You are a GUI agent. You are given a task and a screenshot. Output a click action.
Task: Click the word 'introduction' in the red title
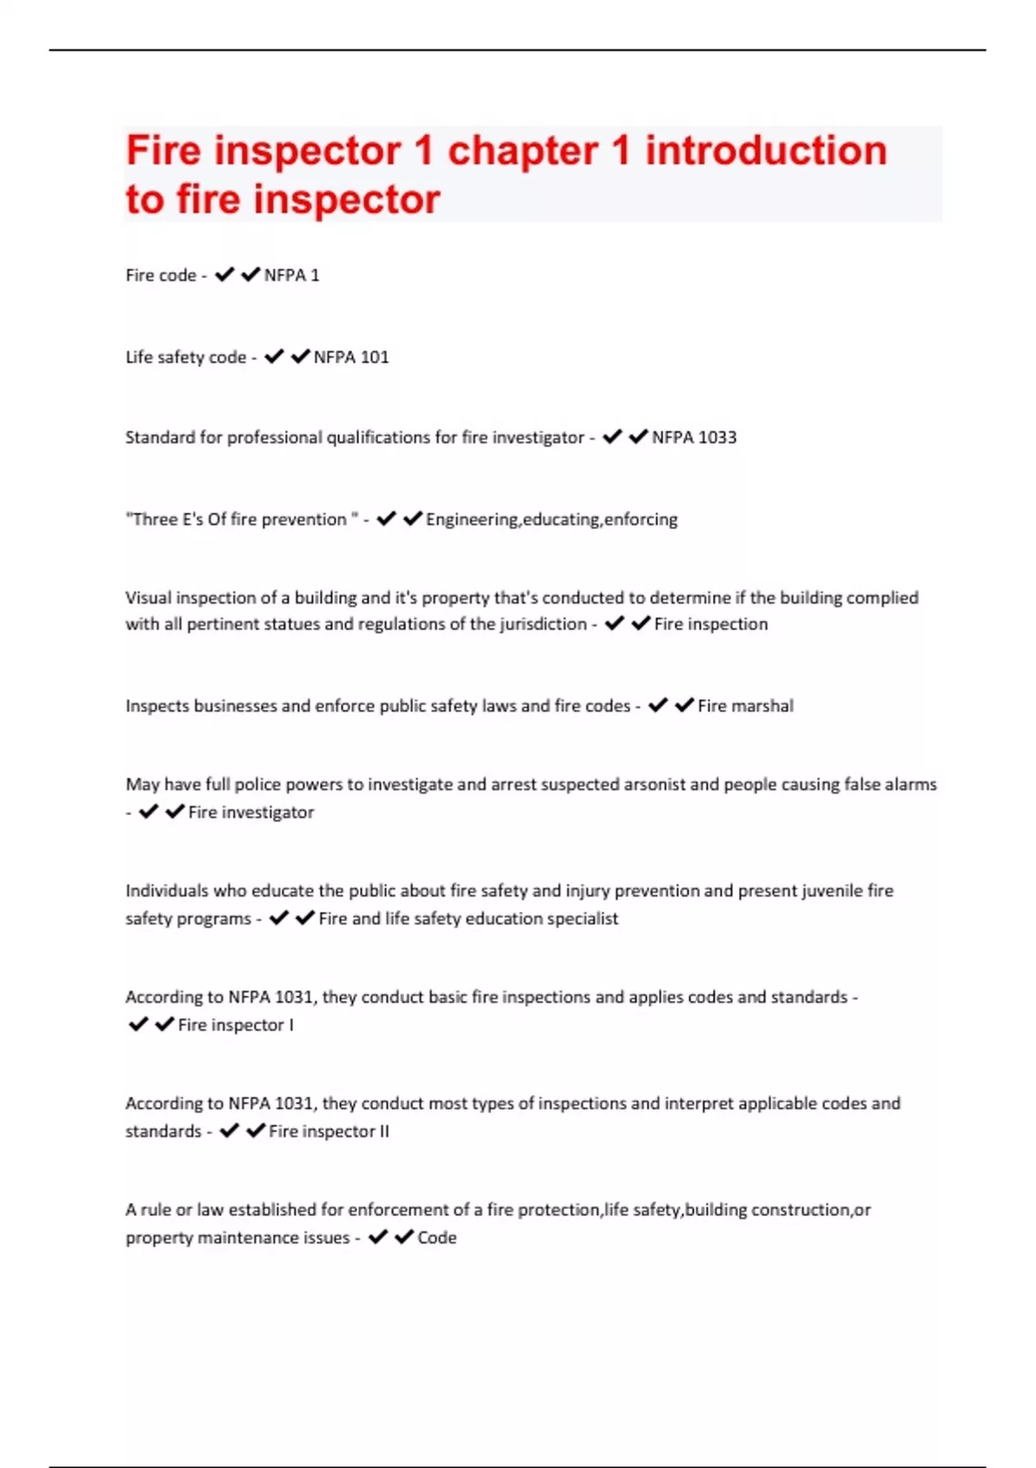766,151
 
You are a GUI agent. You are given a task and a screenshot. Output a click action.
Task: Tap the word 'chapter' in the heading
522,151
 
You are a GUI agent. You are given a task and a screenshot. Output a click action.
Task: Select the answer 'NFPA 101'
351,357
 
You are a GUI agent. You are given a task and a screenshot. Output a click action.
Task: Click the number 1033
717,437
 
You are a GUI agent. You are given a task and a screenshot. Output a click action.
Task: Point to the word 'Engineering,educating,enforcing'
552,519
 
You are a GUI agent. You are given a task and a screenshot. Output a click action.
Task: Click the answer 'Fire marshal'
745,706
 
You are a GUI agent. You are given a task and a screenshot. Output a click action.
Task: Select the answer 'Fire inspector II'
329,1131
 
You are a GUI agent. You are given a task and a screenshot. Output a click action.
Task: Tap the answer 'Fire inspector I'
236,1025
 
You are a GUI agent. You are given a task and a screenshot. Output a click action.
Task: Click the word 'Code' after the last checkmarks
437,1237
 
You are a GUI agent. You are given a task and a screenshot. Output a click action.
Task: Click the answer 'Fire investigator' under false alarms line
251,812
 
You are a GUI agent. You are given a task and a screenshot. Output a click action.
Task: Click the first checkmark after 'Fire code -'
224,275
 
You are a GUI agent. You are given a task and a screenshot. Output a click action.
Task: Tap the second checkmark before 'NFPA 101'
300,357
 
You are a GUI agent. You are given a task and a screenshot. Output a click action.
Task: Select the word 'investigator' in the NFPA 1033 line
540,437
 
